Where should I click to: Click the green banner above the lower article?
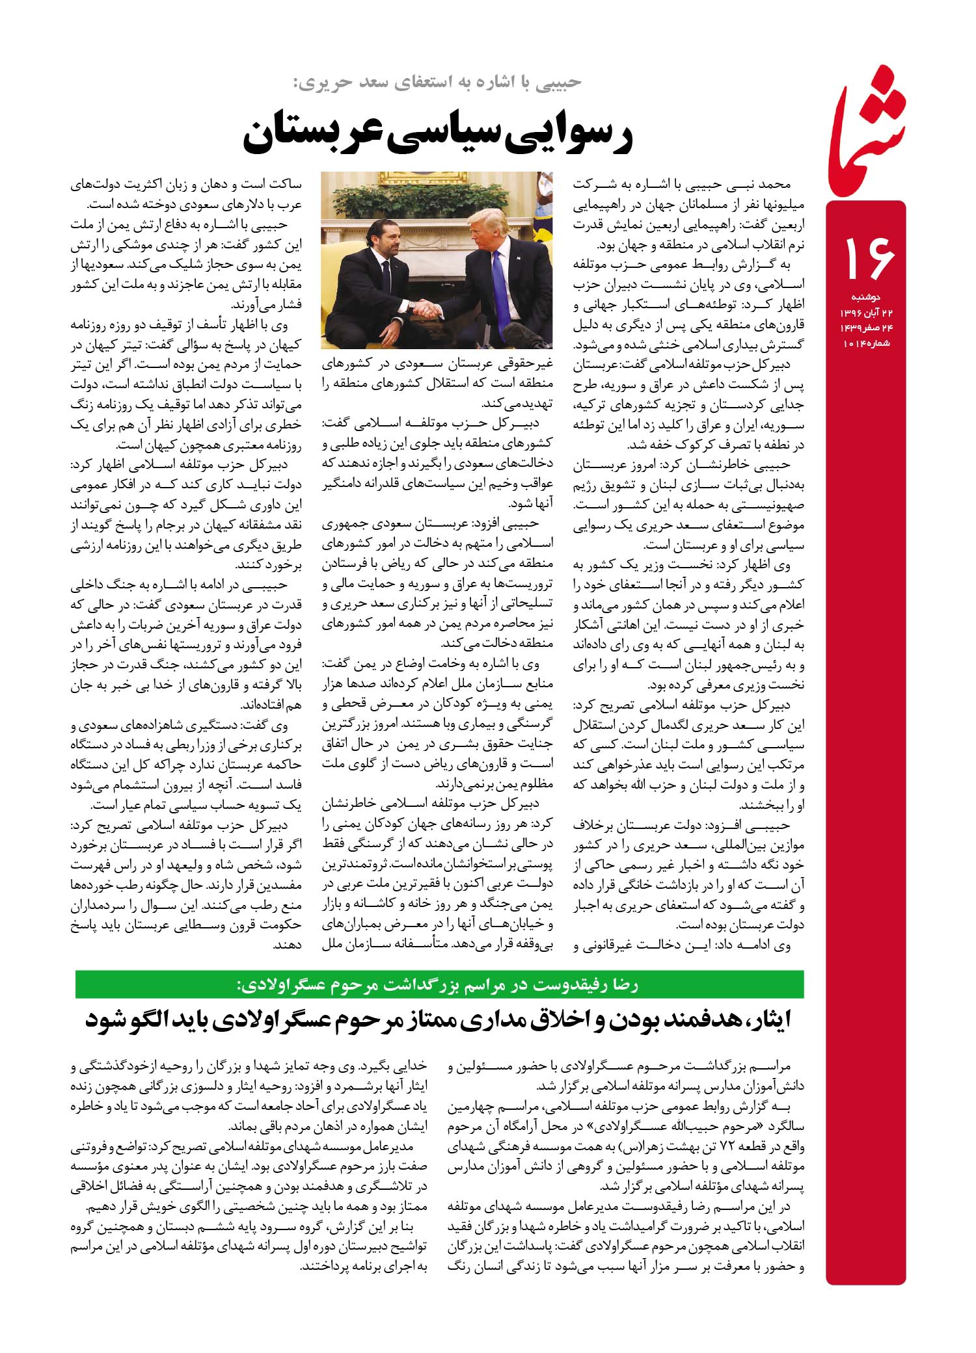439,984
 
